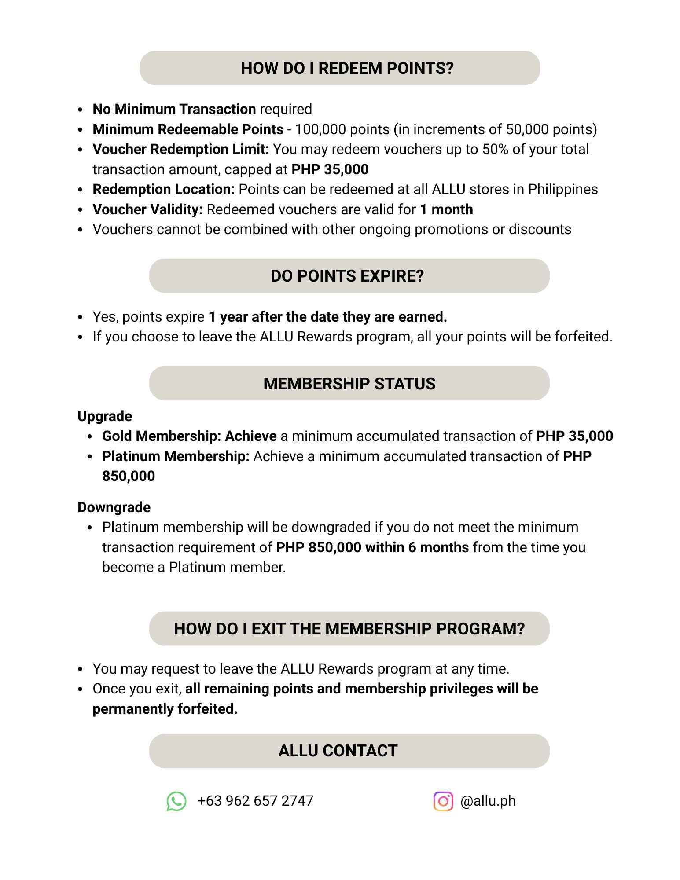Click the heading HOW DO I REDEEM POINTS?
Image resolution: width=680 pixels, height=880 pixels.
[347, 68]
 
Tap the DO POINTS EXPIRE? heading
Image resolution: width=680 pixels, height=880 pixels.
[347, 276]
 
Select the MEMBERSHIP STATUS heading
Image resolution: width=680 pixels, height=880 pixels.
[349, 384]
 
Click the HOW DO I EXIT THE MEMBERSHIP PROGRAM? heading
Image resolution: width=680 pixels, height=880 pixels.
[349, 629]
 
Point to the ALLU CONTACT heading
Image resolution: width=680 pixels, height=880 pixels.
[338, 751]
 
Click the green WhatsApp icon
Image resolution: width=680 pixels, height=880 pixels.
[176, 801]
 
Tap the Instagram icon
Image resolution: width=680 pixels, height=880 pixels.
[443, 801]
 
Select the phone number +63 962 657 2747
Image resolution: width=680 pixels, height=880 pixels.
[255, 801]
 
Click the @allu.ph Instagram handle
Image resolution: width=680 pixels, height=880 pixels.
[488, 801]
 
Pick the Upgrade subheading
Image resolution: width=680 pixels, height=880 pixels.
[105, 416]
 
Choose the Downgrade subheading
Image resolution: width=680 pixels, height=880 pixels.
[114, 507]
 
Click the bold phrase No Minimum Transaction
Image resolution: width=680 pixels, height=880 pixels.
[174, 109]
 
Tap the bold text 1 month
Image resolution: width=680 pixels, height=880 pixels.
[446, 209]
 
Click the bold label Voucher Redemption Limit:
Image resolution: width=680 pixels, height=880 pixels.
[180, 149]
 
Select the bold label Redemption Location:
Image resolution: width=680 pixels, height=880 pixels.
[164, 189]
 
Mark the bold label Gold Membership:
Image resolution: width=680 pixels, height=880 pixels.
[162, 436]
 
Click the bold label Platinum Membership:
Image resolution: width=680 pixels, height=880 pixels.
[176, 456]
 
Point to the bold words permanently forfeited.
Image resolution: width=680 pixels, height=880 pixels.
[165, 709]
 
